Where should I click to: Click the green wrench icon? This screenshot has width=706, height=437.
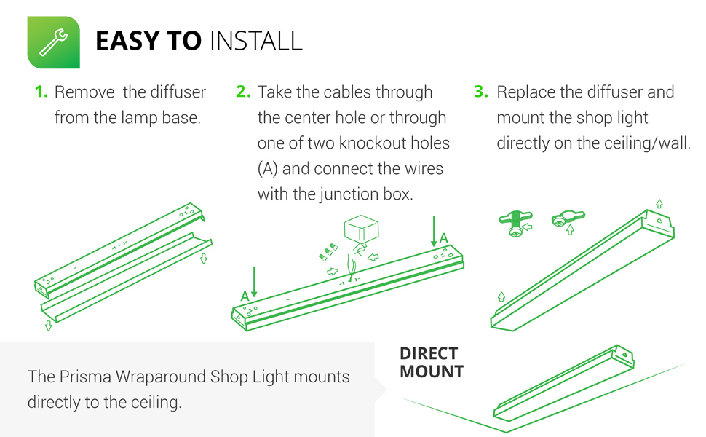pyautogui.click(x=53, y=42)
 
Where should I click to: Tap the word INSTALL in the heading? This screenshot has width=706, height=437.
pyautogui.click(x=255, y=42)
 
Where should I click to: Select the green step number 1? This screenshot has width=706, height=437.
pyautogui.click(x=41, y=92)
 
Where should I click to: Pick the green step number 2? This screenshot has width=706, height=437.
pyautogui.click(x=243, y=92)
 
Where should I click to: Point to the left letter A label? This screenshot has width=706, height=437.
pyautogui.click(x=245, y=296)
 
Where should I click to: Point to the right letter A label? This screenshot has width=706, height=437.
pyautogui.click(x=443, y=237)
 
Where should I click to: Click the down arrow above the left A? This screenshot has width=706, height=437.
pyautogui.click(x=254, y=281)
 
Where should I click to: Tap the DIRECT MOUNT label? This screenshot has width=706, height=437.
pyautogui.click(x=431, y=363)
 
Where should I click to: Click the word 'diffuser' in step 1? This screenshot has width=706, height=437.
pyautogui.click(x=178, y=92)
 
